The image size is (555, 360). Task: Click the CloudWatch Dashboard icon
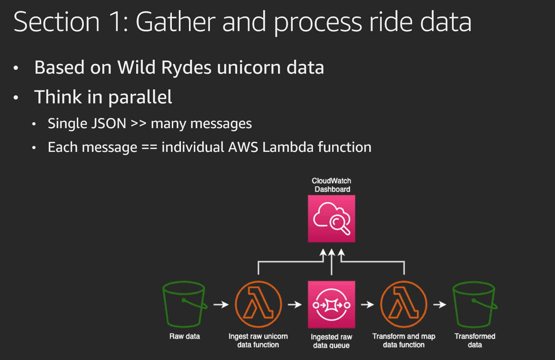click(x=331, y=219)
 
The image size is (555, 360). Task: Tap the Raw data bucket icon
click(x=184, y=304)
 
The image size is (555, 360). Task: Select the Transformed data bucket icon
click(x=475, y=304)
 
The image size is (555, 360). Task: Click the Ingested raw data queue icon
click(x=331, y=304)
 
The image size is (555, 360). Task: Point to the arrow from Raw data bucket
click(x=221, y=304)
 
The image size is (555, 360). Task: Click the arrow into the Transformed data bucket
click(x=440, y=304)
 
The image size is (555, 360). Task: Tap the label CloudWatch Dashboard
click(x=331, y=185)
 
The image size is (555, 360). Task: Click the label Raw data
click(x=184, y=336)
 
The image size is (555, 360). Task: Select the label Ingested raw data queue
click(x=331, y=341)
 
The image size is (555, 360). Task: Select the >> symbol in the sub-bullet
click(x=139, y=123)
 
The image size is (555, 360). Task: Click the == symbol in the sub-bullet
click(x=149, y=147)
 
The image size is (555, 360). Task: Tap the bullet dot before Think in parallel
click(x=16, y=97)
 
